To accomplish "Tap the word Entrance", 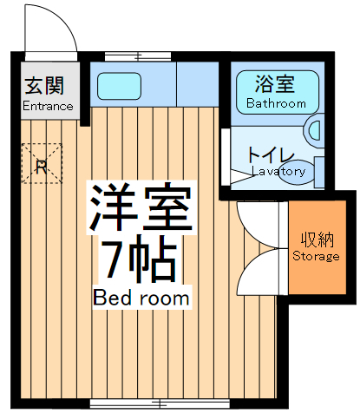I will (48, 107).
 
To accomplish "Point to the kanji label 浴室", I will (275, 85).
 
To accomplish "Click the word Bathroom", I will (276, 103).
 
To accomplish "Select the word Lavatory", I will (278, 171).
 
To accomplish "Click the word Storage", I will (316, 257).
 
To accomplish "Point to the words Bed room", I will (141, 298).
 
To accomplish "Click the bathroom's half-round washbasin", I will (314, 130).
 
